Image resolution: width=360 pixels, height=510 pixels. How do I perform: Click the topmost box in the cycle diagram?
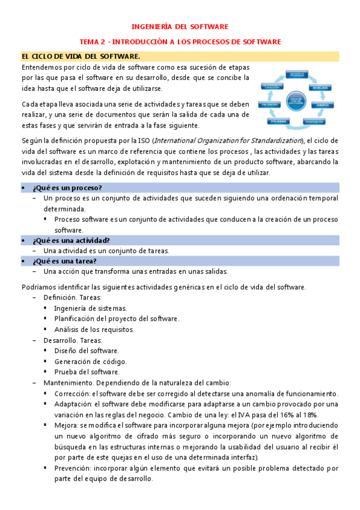point(298,73)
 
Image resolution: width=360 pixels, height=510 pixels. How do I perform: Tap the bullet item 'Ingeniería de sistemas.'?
point(90,307)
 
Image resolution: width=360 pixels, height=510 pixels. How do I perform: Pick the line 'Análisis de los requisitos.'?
point(94,329)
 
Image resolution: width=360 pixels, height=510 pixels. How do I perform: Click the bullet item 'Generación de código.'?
point(90,361)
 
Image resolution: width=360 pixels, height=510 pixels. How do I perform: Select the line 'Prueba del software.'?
point(87,372)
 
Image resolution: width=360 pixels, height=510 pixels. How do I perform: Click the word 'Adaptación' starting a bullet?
point(72,404)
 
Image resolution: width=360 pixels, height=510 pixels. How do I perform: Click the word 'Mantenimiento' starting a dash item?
point(66,383)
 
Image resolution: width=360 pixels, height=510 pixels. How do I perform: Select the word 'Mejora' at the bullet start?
point(65,425)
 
